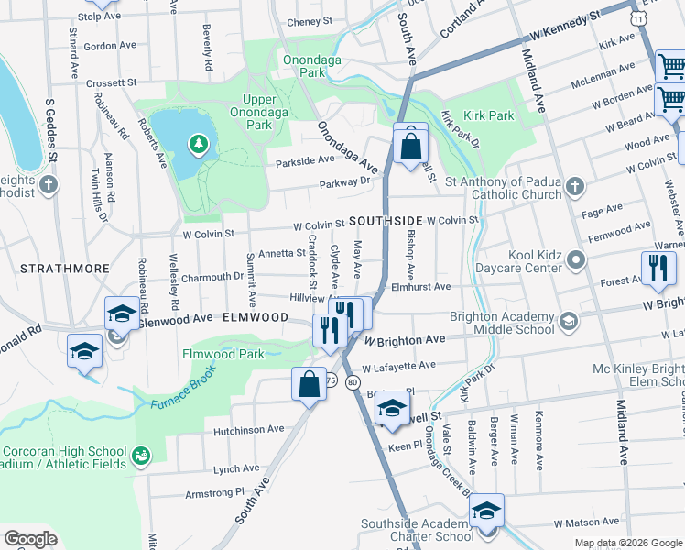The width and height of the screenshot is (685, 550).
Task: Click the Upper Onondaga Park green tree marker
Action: pos(197,144)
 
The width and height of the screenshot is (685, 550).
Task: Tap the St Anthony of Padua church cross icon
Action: pos(574,188)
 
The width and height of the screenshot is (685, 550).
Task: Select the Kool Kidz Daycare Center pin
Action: pos(575,260)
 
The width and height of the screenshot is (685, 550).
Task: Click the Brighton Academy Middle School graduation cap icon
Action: pos(569,320)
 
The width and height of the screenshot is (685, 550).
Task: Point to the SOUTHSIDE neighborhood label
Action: pos(385,222)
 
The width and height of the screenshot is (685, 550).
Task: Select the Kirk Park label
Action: pos(489,116)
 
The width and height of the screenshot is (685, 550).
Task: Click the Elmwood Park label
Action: pos(223,354)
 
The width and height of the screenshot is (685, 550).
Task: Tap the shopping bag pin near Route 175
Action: pos(310,383)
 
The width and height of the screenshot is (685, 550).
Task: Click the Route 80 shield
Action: pos(353,382)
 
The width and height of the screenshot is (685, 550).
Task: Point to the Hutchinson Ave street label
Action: pos(249,429)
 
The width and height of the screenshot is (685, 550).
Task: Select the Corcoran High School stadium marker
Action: pos(141,455)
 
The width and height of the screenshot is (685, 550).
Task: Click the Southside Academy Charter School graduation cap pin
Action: pos(486,511)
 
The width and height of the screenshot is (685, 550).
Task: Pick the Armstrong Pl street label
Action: pos(216,492)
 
